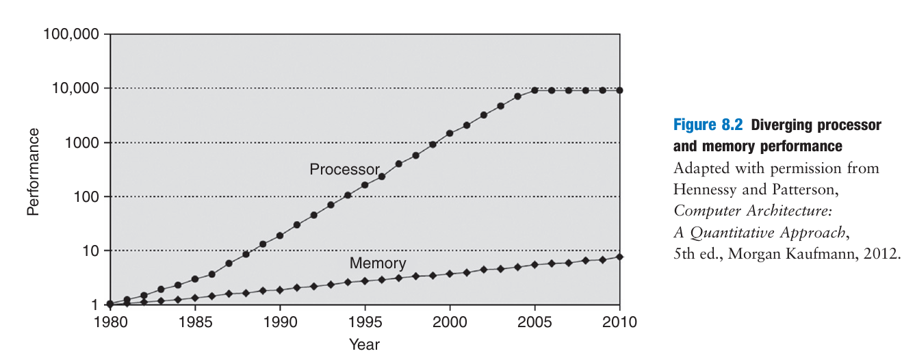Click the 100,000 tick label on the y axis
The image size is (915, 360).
coord(71,34)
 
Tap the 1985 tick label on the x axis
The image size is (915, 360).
coord(194,321)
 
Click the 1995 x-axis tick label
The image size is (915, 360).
coord(365,321)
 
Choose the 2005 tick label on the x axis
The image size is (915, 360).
coord(534,321)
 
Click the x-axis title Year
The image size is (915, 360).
coord(364,344)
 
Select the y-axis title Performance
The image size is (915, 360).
coord(33,171)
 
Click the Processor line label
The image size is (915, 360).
coord(344,169)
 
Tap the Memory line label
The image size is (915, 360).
coord(378,263)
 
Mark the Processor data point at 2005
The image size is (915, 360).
coord(534,90)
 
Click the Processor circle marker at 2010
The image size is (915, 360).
coord(619,90)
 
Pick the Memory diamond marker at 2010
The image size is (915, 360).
coord(619,257)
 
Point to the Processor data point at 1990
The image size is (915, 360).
coord(279,236)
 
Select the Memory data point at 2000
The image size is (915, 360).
coord(450,274)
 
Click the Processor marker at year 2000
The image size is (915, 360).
coord(450,133)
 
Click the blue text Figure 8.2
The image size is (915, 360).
coord(709,125)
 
